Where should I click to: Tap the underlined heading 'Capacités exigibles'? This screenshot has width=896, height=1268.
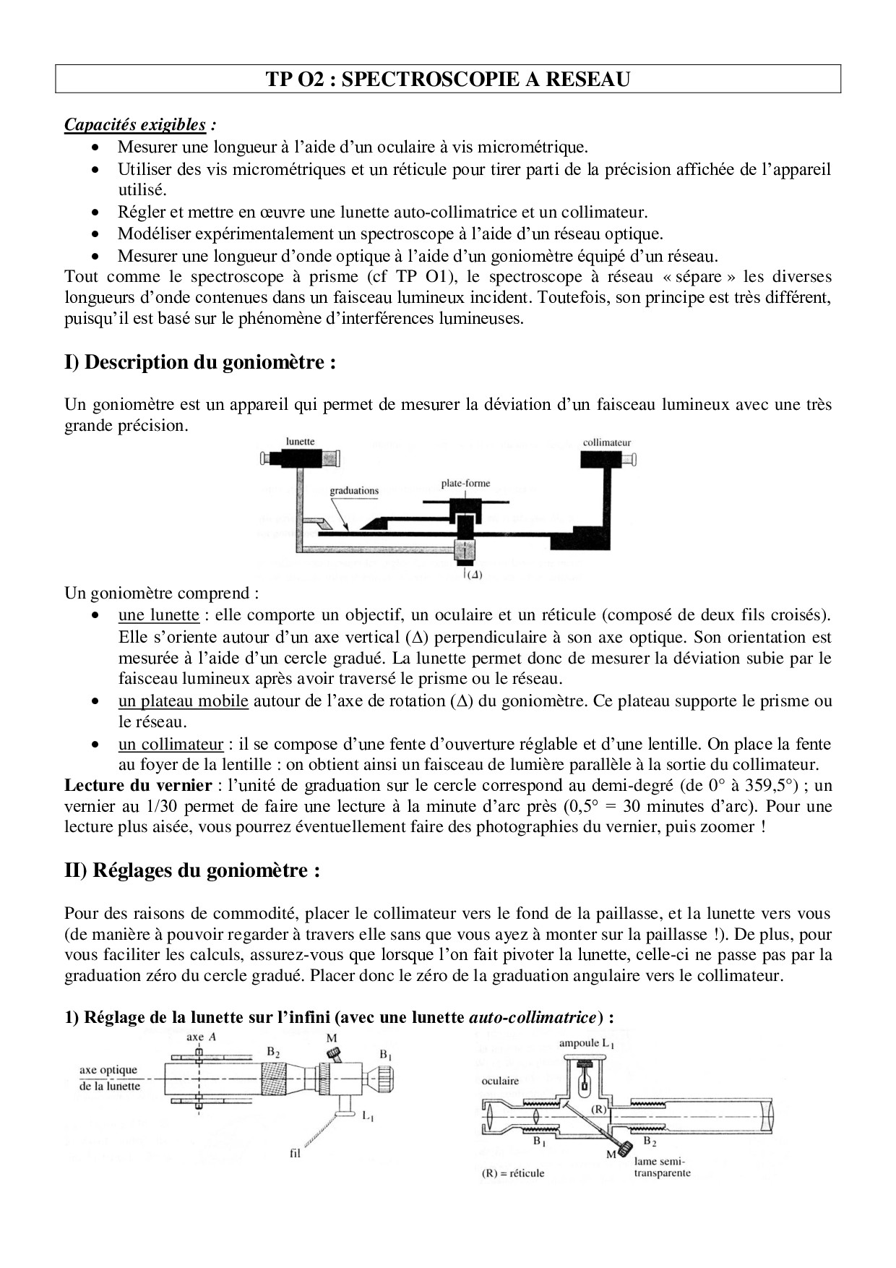[x=135, y=124]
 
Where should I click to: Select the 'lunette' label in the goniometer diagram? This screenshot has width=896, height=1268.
[x=300, y=441]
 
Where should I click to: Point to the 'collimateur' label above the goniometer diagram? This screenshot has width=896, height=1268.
[x=607, y=442]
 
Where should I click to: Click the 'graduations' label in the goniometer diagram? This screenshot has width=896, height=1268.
[x=354, y=491]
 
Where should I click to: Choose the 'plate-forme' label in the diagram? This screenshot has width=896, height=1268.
[x=465, y=484]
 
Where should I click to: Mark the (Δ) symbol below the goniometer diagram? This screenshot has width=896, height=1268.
[x=474, y=575]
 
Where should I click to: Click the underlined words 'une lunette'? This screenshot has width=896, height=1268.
[x=158, y=615]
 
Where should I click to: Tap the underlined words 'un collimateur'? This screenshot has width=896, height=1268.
[x=171, y=744]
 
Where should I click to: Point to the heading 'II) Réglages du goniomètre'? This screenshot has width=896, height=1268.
[x=191, y=870]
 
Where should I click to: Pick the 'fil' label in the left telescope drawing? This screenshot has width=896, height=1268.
[x=294, y=1154]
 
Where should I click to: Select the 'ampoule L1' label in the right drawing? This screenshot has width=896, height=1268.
[x=587, y=1043]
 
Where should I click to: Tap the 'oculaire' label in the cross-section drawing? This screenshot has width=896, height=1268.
[x=500, y=1081]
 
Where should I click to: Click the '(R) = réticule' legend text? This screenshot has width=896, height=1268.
[x=513, y=1173]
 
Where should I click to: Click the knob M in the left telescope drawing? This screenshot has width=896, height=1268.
[x=333, y=1053]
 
